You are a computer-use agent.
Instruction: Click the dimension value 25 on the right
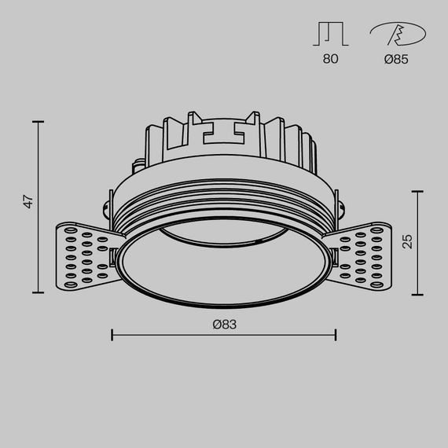pos(407,241)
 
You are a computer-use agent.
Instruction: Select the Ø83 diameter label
pos(224,323)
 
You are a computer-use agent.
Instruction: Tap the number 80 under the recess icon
pos(330,60)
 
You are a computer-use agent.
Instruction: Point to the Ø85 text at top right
pos(396,60)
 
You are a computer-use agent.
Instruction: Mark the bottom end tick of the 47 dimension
pos(39,293)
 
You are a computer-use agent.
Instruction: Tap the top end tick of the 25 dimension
pos(417,191)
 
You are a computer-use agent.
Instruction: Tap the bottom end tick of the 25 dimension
pos(417,294)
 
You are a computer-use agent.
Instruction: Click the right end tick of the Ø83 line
pos(336,335)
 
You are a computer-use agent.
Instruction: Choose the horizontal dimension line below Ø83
pos(224,335)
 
